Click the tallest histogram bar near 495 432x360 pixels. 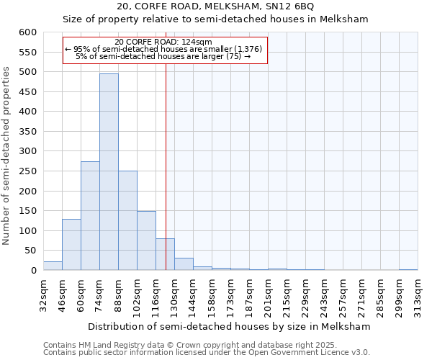coord(109,172)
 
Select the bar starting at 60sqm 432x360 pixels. coord(90,216)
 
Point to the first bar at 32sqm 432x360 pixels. coord(53,266)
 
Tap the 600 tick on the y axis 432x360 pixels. coord(27,32)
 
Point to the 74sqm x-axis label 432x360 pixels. coord(100,295)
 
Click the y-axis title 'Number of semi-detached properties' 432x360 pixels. coord(6,155)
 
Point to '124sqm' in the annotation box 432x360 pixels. coord(197,42)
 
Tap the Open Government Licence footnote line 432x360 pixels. coord(207,353)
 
